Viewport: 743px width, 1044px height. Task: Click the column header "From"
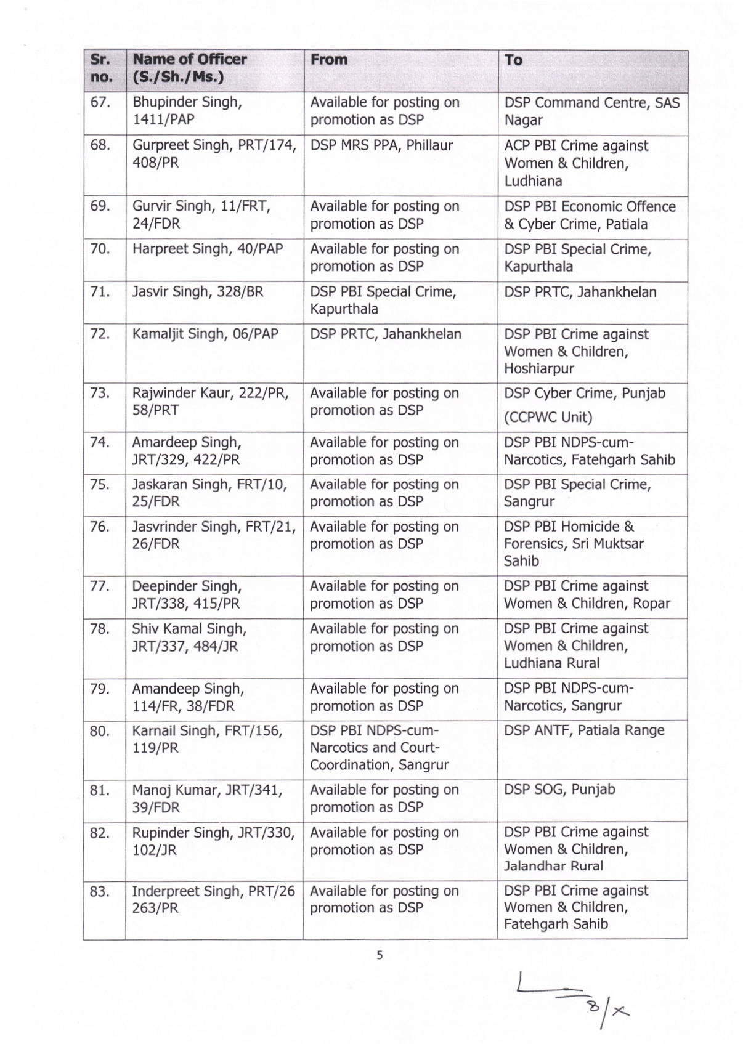coord(329,60)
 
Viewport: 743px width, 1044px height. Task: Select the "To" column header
coord(513,60)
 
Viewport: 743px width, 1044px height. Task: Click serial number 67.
coord(100,102)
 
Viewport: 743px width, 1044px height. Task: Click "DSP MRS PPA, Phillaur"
coord(381,146)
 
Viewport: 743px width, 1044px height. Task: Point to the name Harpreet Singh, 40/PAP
coord(207,249)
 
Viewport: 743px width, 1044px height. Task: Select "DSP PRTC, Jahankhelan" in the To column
coord(580,292)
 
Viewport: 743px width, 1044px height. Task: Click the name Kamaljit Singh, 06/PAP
coord(205,334)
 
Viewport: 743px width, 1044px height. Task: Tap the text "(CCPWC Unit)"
coord(548,418)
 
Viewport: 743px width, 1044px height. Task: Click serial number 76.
coord(100,527)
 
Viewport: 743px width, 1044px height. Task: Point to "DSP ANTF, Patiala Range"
coord(583,730)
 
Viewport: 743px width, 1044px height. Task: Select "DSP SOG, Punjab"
coord(559,790)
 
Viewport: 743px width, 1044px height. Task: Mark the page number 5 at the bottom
coord(380,955)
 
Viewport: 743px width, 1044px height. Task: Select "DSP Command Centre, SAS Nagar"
coord(591,111)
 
